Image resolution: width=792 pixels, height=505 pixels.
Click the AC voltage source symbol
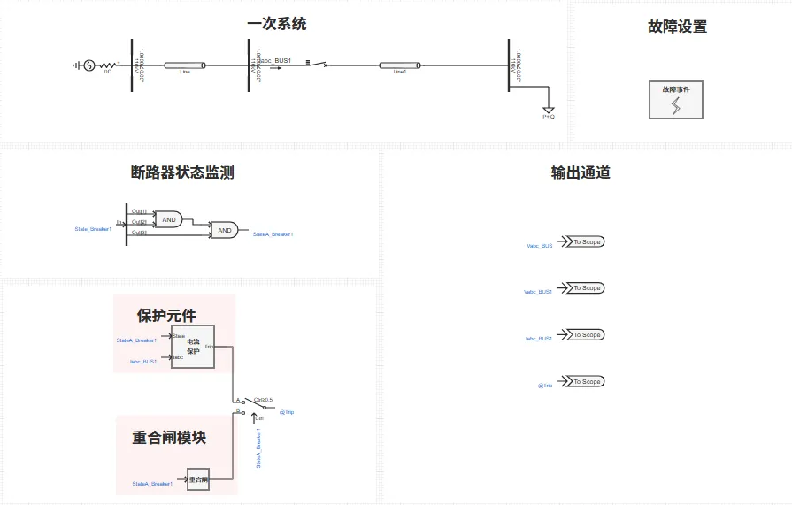click(x=88, y=65)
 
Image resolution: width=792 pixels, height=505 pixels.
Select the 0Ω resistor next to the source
click(x=108, y=65)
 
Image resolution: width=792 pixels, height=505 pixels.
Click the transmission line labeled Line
click(x=185, y=65)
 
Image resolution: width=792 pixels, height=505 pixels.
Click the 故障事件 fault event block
click(x=676, y=100)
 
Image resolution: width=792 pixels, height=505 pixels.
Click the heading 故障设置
click(x=678, y=27)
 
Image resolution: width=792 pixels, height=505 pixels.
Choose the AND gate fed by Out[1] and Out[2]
click(x=168, y=218)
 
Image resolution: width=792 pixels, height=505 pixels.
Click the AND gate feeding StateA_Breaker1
click(x=225, y=230)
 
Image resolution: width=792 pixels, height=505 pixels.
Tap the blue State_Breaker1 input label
click(x=93, y=229)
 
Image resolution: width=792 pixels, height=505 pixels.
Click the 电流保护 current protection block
click(x=193, y=346)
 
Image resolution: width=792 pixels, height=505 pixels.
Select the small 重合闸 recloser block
click(x=197, y=480)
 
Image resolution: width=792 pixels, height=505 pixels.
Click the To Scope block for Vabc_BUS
click(x=585, y=241)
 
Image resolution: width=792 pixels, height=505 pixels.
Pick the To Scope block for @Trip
click(x=585, y=381)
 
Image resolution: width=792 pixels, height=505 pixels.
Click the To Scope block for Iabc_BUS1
click(x=585, y=334)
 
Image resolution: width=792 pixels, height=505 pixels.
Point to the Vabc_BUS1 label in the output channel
click(x=538, y=291)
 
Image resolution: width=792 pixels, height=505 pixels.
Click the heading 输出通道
click(x=581, y=172)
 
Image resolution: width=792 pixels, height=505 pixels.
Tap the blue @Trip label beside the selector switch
click(x=287, y=412)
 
